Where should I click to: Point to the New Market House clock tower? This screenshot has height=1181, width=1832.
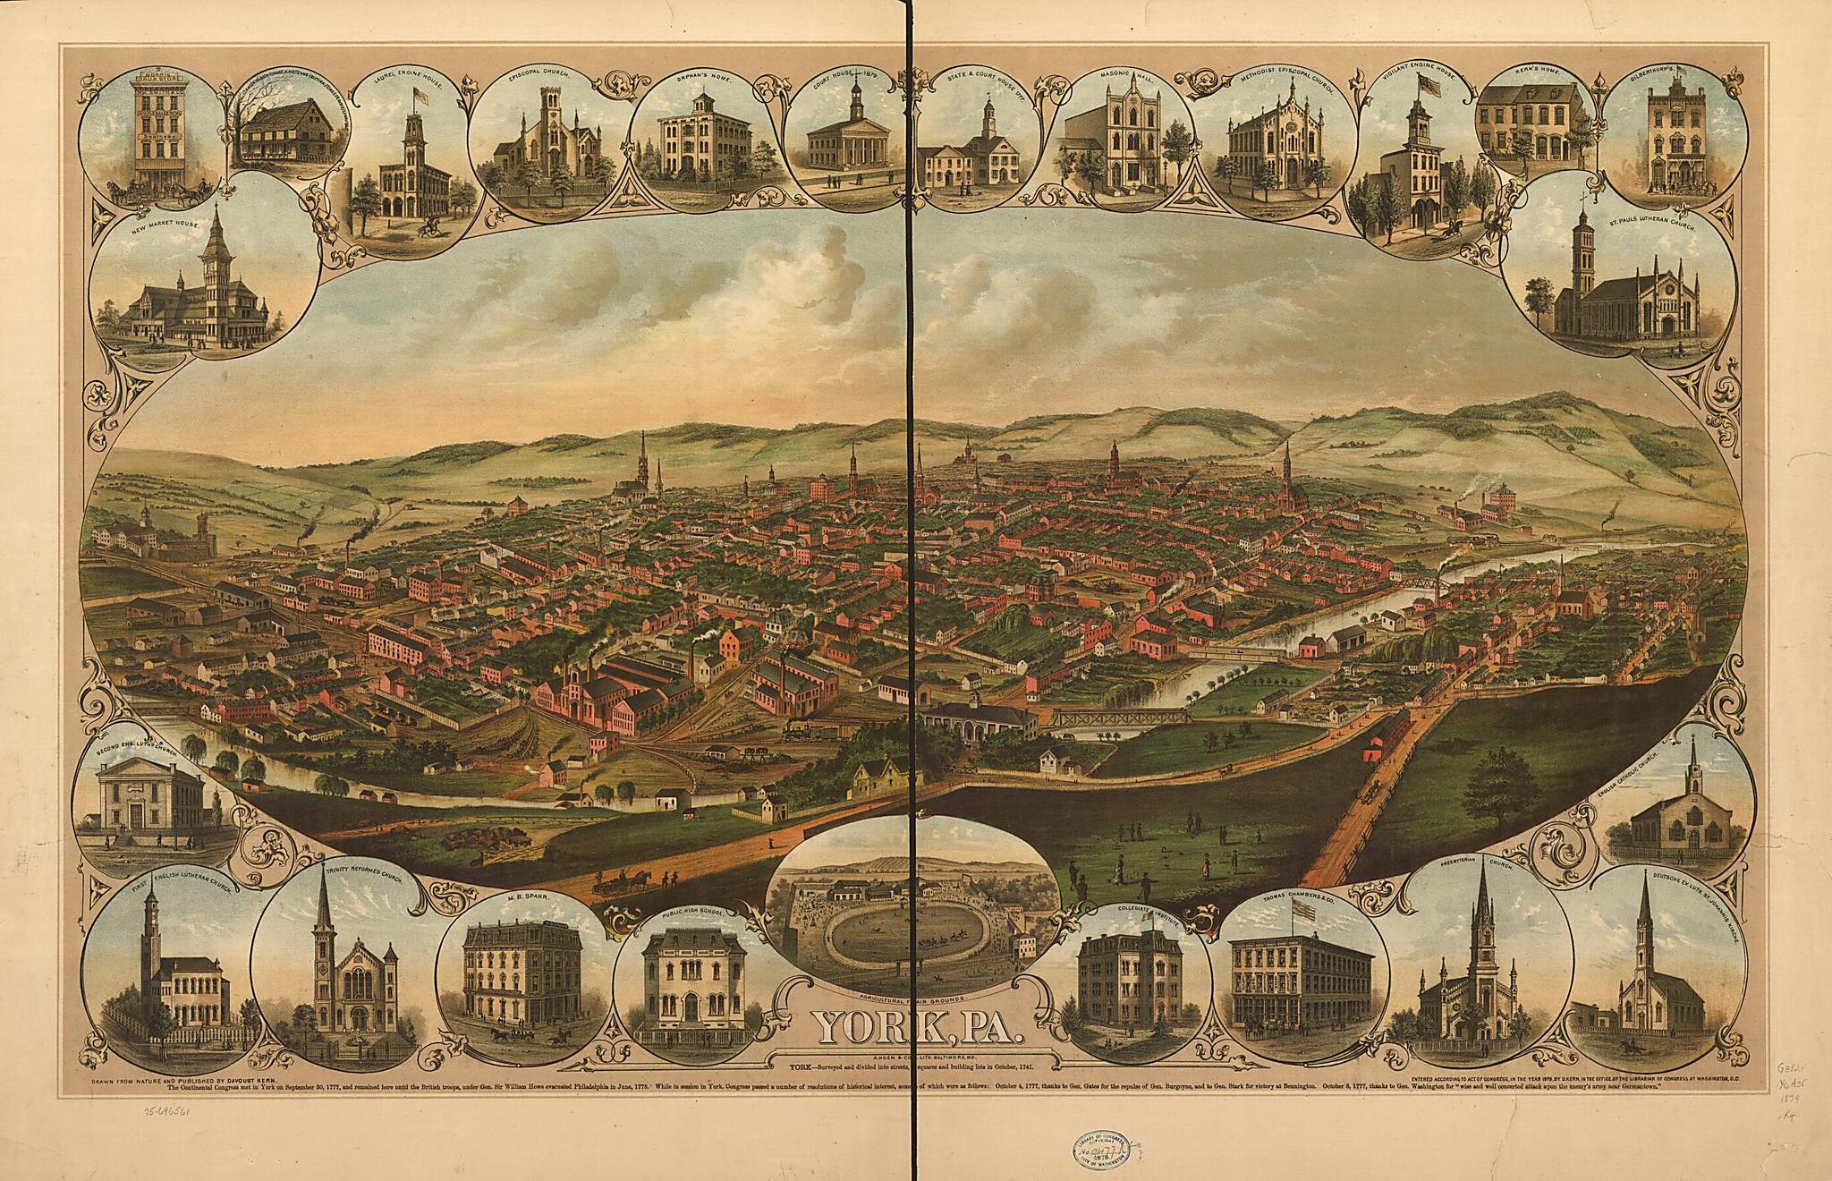(216, 268)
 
